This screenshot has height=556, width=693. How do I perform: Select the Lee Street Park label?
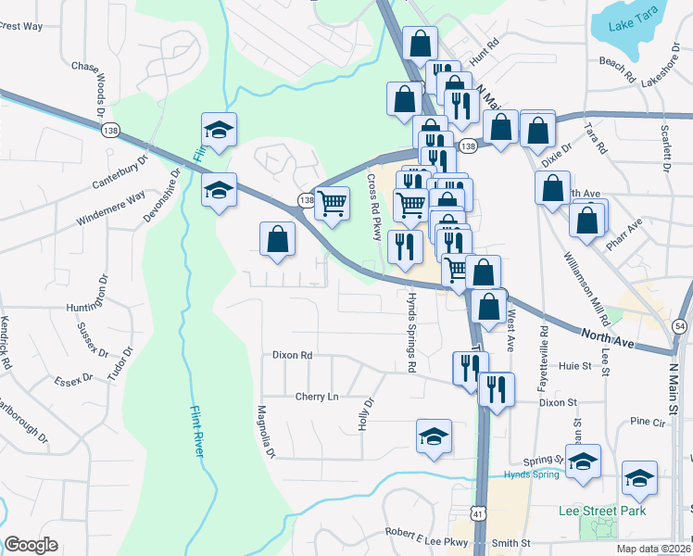602,511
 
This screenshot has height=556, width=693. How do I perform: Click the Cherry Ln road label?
317,397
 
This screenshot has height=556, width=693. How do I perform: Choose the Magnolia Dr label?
266,432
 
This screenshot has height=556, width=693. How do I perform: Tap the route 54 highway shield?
680,326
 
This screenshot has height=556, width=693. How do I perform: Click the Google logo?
31,545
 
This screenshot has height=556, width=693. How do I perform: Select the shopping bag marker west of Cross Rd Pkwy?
277,240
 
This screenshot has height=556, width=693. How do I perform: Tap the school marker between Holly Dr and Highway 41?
434,436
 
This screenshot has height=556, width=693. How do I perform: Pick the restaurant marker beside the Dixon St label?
497,387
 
